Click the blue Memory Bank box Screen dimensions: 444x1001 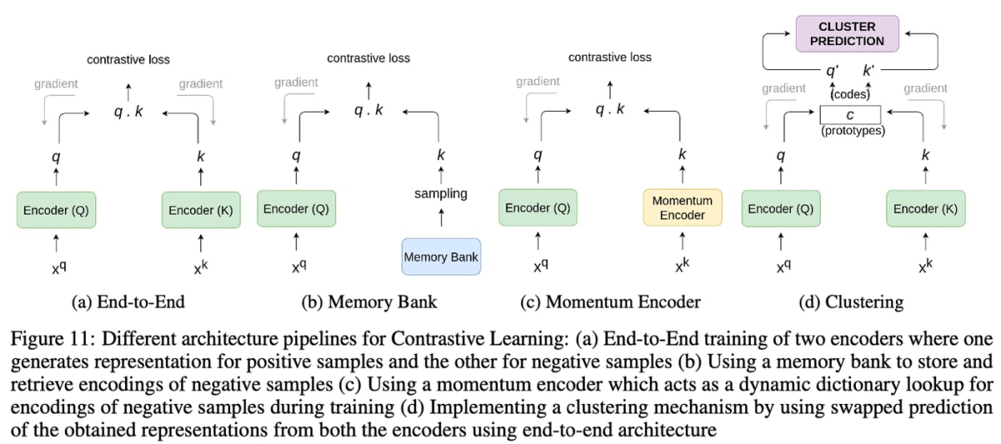coord(441,257)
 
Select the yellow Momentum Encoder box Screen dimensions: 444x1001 coord(682,208)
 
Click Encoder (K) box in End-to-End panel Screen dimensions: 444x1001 coord(200,210)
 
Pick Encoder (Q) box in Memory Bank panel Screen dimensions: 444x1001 coord(296,209)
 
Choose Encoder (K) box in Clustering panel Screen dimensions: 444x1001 coord(926,209)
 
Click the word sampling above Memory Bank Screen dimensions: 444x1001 coord(441,194)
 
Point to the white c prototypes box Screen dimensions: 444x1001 coord(850,114)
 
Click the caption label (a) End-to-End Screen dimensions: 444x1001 coord(128,302)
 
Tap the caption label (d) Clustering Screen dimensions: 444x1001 coord(851,302)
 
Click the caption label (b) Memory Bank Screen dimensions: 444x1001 coord(369,302)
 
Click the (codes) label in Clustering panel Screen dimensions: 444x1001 coord(851,94)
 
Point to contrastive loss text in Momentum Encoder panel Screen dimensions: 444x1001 coord(610,58)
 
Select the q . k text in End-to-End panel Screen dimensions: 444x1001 coord(128,111)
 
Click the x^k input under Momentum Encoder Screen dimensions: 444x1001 coord(683,268)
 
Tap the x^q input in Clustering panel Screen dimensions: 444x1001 coord(783,268)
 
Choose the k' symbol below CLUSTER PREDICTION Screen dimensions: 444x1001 coord(868,72)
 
